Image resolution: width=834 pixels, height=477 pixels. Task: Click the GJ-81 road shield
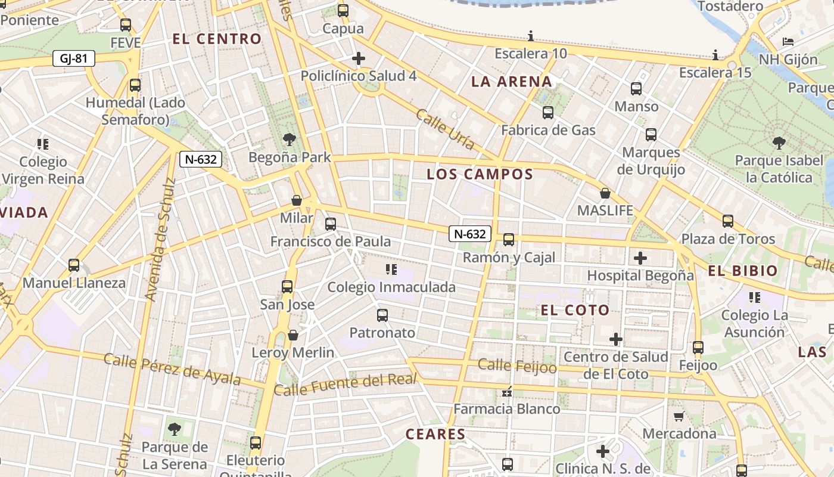[x=74, y=58]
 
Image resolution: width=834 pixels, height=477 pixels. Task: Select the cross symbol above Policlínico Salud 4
[x=358, y=58]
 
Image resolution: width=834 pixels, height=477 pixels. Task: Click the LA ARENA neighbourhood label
[x=512, y=82]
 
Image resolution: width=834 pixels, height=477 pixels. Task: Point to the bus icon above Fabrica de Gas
[x=548, y=113]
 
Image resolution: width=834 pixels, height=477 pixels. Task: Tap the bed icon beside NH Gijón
[x=788, y=42]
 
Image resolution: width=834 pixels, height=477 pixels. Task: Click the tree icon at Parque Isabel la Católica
[x=779, y=143]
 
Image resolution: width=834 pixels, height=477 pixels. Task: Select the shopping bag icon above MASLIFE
[x=605, y=193]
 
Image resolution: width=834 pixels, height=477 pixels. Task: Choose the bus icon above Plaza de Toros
[x=727, y=221]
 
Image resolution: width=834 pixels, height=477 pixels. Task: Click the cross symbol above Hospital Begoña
[x=640, y=258]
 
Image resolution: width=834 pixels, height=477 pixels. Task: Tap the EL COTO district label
[x=575, y=310]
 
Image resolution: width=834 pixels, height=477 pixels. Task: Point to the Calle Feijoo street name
[x=517, y=366]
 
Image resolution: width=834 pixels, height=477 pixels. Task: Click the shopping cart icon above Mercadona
[x=679, y=416]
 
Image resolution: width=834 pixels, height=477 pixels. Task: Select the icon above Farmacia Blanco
[x=507, y=392]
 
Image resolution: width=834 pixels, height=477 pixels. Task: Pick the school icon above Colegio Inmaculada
[x=391, y=270]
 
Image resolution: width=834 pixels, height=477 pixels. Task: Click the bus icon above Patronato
[x=382, y=315]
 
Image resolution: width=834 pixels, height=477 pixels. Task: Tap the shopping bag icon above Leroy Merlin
[x=293, y=335]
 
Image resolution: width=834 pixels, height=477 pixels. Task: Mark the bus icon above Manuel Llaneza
[x=74, y=265]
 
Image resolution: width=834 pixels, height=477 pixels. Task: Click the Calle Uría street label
[x=445, y=129]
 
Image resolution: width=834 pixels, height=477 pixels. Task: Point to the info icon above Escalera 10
[x=531, y=36]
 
